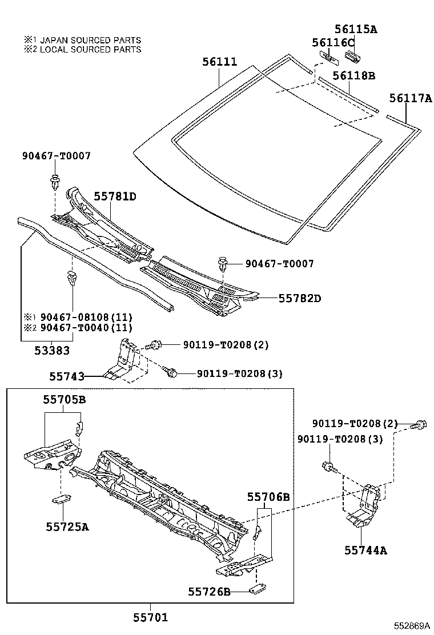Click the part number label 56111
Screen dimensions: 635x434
pos(219,62)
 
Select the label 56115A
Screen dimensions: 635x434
pos(356,29)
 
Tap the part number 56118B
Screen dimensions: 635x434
pos(354,75)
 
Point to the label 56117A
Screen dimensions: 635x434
pos(411,98)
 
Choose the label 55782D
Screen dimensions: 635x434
pos(300,298)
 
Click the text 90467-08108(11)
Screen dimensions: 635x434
pos(85,316)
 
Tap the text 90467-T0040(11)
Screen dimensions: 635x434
pos(85,327)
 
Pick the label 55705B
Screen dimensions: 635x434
pos(64,400)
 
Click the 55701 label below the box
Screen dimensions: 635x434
pos(151,617)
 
